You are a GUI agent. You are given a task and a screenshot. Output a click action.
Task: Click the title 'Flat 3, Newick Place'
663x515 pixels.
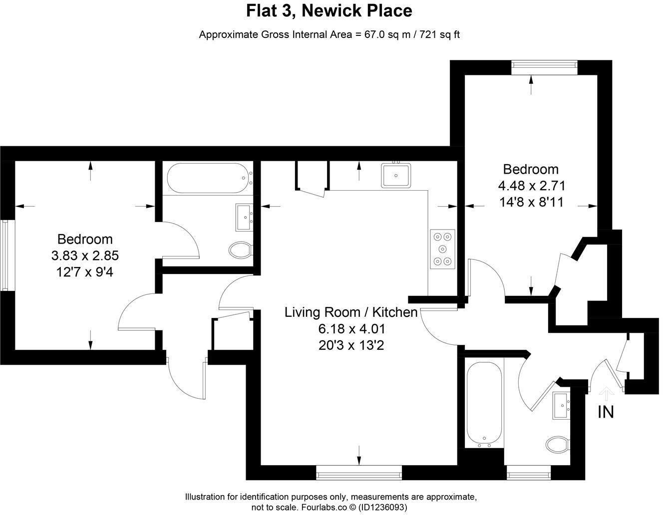pos(330,11)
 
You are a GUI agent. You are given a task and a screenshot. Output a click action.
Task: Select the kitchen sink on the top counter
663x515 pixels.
pos(396,175)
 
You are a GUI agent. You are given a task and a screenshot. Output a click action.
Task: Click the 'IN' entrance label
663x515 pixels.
pos(606,412)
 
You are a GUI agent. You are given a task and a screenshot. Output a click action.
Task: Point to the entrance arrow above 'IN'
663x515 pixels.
pos(606,394)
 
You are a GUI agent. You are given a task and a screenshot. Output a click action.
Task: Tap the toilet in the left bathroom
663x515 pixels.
pos(241,249)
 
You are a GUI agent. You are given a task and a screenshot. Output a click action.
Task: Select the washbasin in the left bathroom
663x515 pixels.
pos(245,217)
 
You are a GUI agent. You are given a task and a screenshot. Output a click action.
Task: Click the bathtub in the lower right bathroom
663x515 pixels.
pos(484,403)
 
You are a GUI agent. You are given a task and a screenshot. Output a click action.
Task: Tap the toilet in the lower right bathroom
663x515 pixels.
pos(557,444)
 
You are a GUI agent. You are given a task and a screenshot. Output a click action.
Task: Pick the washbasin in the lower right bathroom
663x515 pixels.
pos(562,405)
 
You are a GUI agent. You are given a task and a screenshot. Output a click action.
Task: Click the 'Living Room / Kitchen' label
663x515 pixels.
pos(351,312)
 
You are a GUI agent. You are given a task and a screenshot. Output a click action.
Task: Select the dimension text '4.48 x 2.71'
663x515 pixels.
pos(532,186)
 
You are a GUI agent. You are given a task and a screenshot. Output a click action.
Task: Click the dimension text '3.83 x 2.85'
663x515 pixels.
pos(85,256)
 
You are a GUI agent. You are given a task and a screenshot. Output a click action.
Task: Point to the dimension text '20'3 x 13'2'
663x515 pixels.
pos(351,345)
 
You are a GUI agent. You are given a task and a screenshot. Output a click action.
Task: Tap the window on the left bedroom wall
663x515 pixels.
pos(5,255)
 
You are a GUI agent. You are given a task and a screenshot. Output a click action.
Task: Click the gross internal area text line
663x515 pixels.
pos(330,34)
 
